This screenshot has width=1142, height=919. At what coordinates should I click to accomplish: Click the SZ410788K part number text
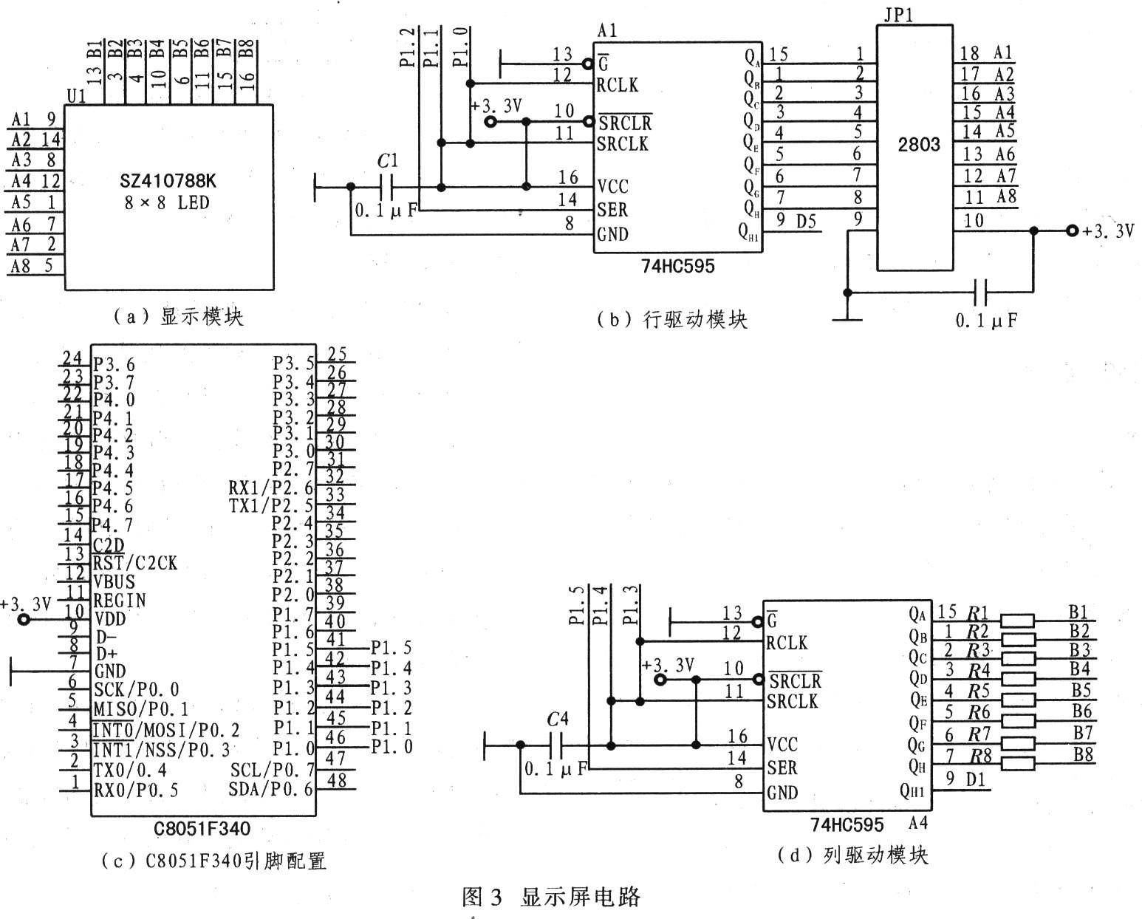(x=168, y=182)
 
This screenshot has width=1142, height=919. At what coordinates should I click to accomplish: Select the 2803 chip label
(x=919, y=144)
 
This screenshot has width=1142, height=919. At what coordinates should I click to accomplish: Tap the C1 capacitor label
(x=387, y=161)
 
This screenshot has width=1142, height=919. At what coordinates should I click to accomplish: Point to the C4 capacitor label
(x=558, y=720)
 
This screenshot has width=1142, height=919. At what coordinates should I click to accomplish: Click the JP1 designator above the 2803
(x=898, y=14)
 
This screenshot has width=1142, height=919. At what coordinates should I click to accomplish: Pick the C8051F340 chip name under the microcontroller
(x=202, y=828)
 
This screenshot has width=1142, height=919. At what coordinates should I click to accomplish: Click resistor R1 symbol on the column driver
(x=1017, y=620)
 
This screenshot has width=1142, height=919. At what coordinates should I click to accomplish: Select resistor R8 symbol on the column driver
(x=1017, y=763)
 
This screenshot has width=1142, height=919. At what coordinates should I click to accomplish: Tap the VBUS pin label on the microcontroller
(x=114, y=581)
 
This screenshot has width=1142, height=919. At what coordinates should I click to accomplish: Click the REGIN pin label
(x=120, y=601)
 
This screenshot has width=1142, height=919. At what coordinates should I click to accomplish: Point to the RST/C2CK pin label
(x=135, y=563)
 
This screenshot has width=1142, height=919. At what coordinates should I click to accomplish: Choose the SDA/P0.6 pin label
(x=271, y=790)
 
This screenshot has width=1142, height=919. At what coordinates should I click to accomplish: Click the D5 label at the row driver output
(x=806, y=221)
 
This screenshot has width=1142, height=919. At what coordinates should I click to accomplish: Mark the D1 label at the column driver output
(x=975, y=780)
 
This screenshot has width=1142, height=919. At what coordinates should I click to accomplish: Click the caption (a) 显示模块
(x=178, y=317)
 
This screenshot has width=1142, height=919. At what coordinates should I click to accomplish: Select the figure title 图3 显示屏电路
(x=551, y=897)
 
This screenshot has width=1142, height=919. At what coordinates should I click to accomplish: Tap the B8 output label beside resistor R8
(x=1083, y=754)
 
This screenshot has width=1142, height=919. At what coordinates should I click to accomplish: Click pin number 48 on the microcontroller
(x=337, y=780)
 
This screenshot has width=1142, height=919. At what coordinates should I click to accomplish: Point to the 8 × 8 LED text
(x=167, y=203)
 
